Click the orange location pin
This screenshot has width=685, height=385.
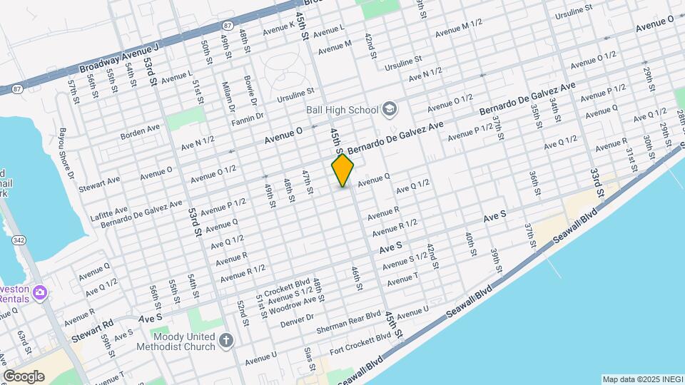coord(342,170)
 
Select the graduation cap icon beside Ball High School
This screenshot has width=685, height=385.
coord(390,109)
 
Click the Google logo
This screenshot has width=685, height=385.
coord(24,376)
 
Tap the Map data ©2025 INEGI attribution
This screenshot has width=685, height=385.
coord(641,379)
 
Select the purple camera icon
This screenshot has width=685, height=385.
coord(40,292)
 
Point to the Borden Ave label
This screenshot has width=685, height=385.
coord(141,130)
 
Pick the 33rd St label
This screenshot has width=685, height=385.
coord(597,183)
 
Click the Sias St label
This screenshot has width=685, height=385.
coord(309,359)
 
